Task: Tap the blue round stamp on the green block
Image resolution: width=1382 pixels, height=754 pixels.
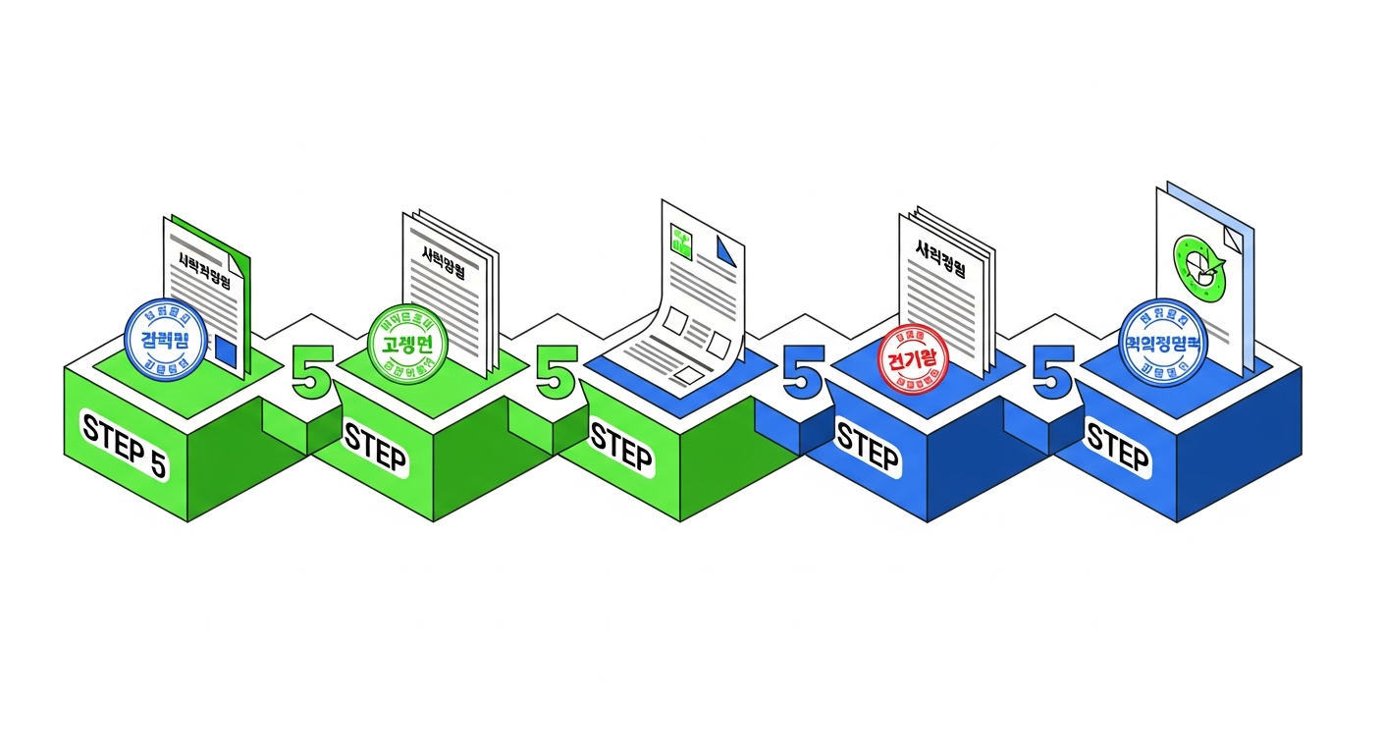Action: (166, 338)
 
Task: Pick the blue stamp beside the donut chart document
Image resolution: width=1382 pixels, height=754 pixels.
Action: (1164, 339)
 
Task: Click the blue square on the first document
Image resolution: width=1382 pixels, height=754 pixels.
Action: (226, 350)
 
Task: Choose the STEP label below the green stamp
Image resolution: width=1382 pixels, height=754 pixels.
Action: (375, 448)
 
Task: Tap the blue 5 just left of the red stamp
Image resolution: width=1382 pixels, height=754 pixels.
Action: (803, 372)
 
